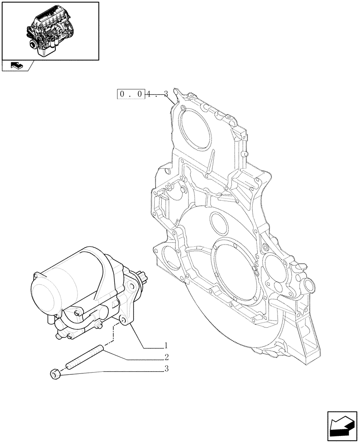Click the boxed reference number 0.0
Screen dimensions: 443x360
tap(132, 94)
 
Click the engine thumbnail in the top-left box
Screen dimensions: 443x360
tap(50, 30)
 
